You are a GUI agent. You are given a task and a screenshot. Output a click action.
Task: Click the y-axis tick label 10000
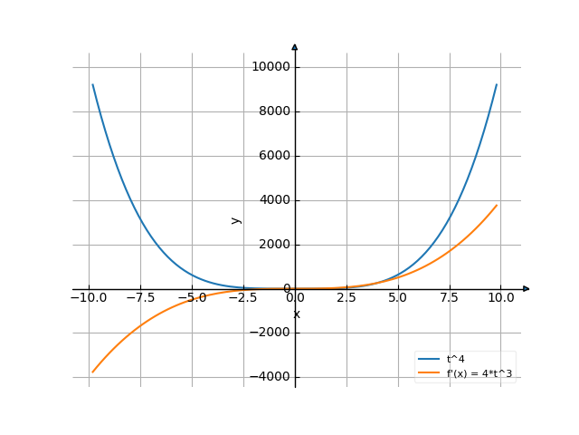click(x=271, y=67)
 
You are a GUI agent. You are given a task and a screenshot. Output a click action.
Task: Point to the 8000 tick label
click(x=273, y=111)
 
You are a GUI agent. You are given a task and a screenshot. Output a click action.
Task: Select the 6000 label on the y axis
click(x=273, y=156)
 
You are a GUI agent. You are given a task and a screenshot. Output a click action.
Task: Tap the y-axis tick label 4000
click(x=273, y=200)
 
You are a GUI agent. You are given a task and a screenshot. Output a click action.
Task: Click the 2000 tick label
click(x=273, y=245)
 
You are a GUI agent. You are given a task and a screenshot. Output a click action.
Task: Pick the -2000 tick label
click(x=271, y=333)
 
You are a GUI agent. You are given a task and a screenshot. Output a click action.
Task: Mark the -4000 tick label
click(x=271, y=377)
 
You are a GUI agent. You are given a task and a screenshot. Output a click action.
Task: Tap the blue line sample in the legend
click(x=430, y=360)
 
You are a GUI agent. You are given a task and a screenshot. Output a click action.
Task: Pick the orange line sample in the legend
click(x=430, y=372)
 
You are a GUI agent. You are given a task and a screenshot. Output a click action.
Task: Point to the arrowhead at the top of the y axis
click(x=295, y=46)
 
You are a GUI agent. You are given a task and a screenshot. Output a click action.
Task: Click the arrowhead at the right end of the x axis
click(x=527, y=289)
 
